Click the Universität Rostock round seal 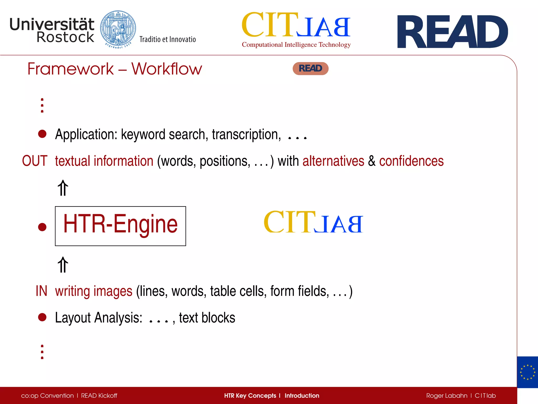tap(118, 29)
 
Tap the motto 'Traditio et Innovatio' tap(168, 39)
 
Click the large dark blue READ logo tap(452, 32)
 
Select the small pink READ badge tap(311, 69)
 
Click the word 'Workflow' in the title tap(167, 69)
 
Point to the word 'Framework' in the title tap(70, 69)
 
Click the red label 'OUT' tap(35, 161)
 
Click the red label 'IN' tap(41, 291)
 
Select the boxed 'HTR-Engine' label tap(120, 226)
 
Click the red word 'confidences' tap(411, 161)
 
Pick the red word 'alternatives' tap(333, 161)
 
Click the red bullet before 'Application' tap(42, 134)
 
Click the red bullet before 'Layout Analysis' tap(42, 317)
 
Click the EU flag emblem tap(527, 372)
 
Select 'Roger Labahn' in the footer tap(447, 396)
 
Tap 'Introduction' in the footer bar tap(302, 396)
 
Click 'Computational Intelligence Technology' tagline tap(296, 45)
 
